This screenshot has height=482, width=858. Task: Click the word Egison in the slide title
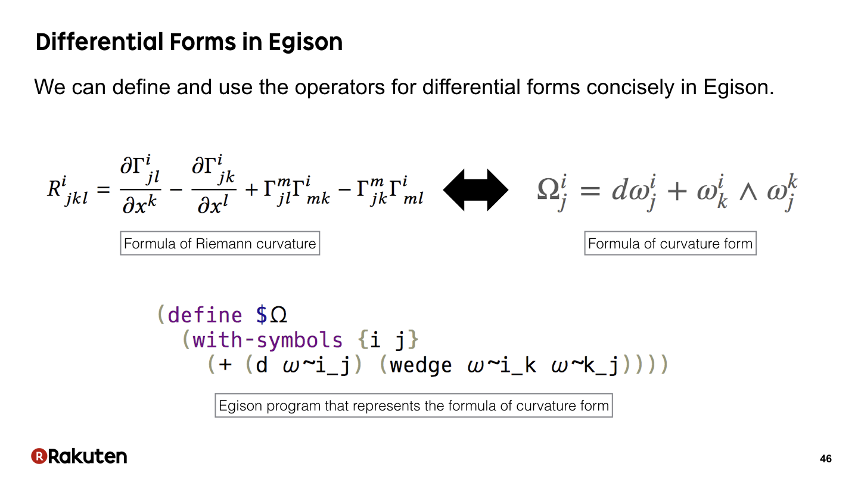click(305, 42)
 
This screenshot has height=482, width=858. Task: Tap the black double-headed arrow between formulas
click(475, 189)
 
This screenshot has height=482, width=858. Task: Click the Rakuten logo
click(79, 456)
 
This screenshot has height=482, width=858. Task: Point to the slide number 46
click(825, 459)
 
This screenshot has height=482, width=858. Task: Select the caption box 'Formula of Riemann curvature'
click(220, 243)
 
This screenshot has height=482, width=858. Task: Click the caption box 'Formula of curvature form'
click(670, 243)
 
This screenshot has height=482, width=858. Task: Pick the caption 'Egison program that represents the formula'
click(414, 405)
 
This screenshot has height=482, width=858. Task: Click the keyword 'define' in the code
click(205, 315)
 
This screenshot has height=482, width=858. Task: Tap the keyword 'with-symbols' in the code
click(268, 340)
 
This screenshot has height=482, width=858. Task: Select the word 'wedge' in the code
click(421, 365)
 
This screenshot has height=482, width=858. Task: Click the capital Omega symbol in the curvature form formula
click(548, 189)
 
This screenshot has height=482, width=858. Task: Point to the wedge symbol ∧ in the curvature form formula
click(748, 192)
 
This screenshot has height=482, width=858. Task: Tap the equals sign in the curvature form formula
click(590, 191)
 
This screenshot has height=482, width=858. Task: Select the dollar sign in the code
click(262, 315)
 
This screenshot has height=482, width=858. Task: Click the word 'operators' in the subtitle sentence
click(340, 87)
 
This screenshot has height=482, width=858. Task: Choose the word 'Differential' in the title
click(99, 42)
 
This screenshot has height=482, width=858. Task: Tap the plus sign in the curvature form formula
click(677, 191)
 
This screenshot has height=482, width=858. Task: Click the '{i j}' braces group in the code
click(388, 340)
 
